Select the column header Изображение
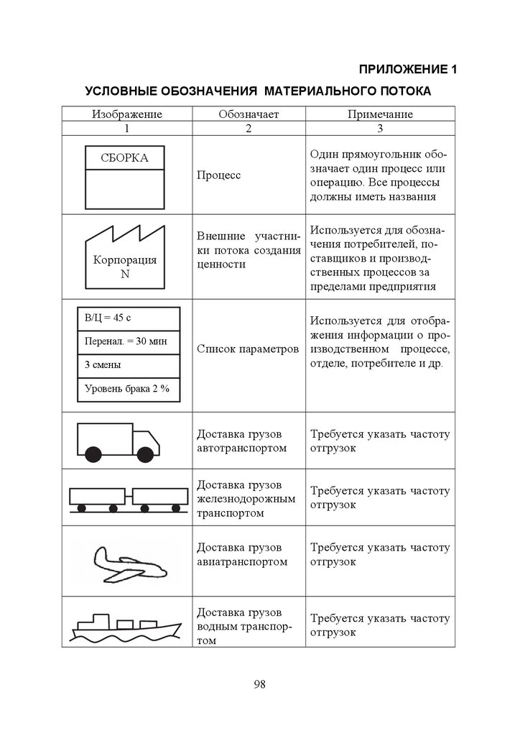(x=126, y=114)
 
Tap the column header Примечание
(x=380, y=114)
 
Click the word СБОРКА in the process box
(x=124, y=157)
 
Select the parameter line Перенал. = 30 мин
(x=125, y=341)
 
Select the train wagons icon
(x=126, y=497)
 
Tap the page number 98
(x=259, y=684)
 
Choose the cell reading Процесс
(x=218, y=175)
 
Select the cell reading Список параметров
(x=247, y=349)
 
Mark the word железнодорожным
(x=246, y=498)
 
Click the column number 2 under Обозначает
(x=249, y=128)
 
